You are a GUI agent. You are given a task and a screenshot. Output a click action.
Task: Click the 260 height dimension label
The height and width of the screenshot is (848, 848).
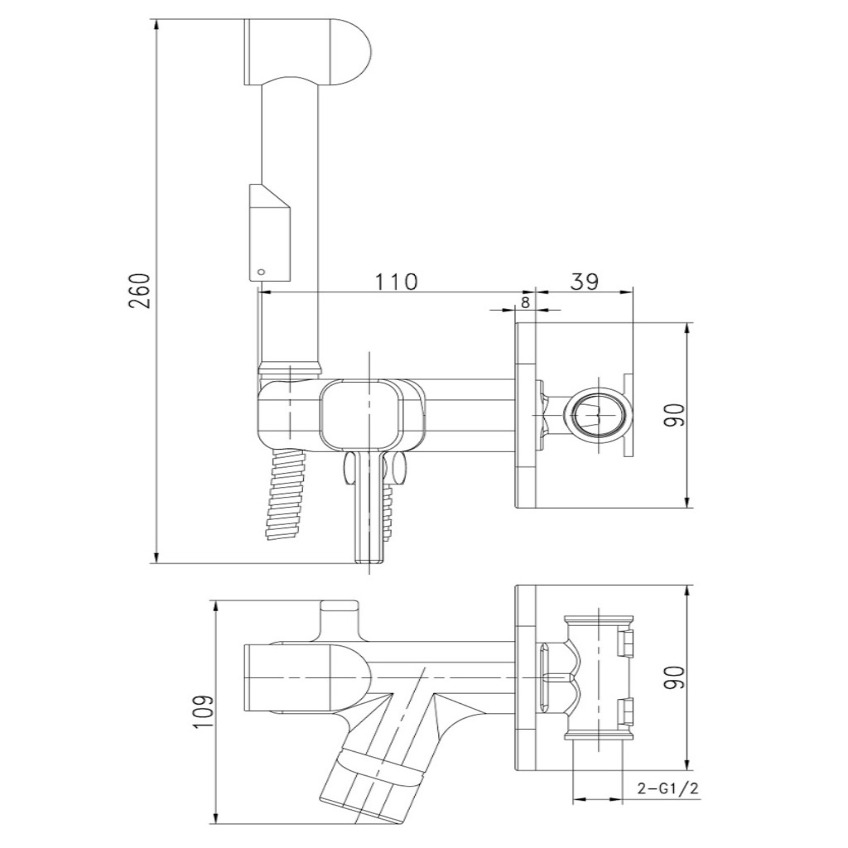click(x=141, y=291)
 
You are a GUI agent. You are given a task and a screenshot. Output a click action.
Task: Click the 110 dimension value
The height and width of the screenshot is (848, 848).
click(x=394, y=281)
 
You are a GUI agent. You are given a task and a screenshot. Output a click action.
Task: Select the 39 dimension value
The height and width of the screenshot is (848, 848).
click(x=585, y=281)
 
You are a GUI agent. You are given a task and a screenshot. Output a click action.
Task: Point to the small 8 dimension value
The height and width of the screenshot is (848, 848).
click(x=525, y=302)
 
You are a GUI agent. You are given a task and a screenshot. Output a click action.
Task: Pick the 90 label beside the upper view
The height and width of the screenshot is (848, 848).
click(x=675, y=414)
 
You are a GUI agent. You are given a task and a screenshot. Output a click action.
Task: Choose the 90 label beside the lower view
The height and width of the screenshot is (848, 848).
click(x=675, y=677)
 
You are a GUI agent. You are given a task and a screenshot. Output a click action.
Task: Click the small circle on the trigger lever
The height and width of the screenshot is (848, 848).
click(x=262, y=271)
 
